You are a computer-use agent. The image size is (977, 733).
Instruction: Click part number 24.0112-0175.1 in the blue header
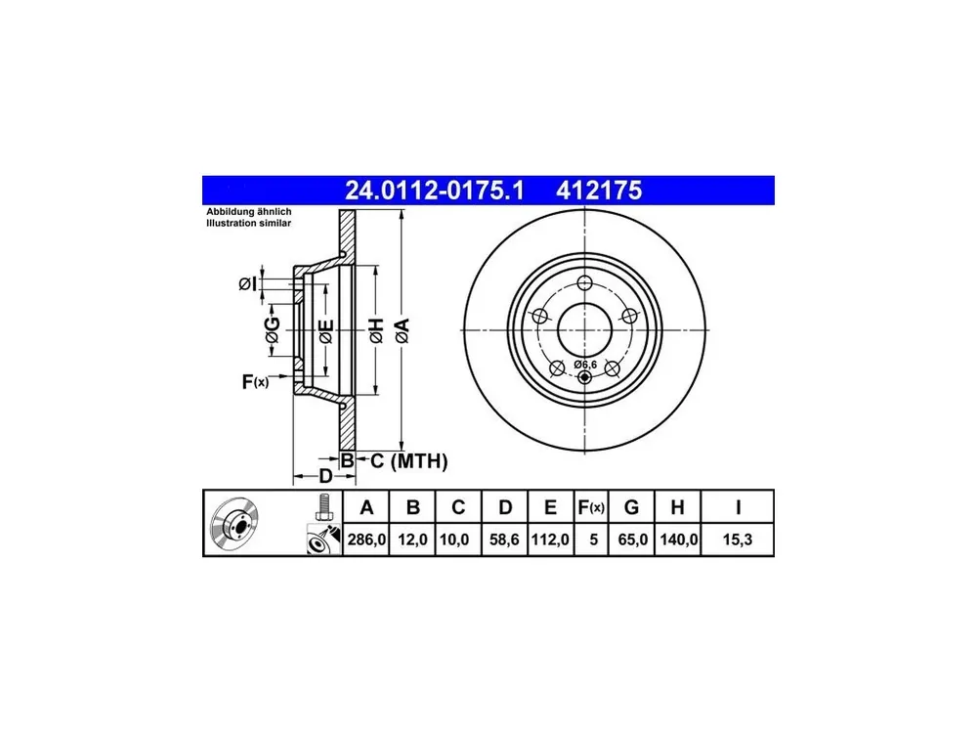pos(435,191)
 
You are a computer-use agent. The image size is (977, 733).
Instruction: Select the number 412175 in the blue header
pos(599,191)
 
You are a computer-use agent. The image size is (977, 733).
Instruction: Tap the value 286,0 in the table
pos(367,539)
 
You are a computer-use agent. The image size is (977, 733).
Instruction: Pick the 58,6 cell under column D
pos(504,539)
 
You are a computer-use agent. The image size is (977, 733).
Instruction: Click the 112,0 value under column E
pos(550,539)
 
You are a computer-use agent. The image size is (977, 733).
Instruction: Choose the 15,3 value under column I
pos(737,539)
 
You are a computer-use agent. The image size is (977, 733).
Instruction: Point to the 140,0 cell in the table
pos(679,539)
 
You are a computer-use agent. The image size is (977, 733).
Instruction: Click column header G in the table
pos(631,507)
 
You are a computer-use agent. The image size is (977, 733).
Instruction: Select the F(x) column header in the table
pos(591,507)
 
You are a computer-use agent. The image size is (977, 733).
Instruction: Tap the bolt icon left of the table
pos(323,507)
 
